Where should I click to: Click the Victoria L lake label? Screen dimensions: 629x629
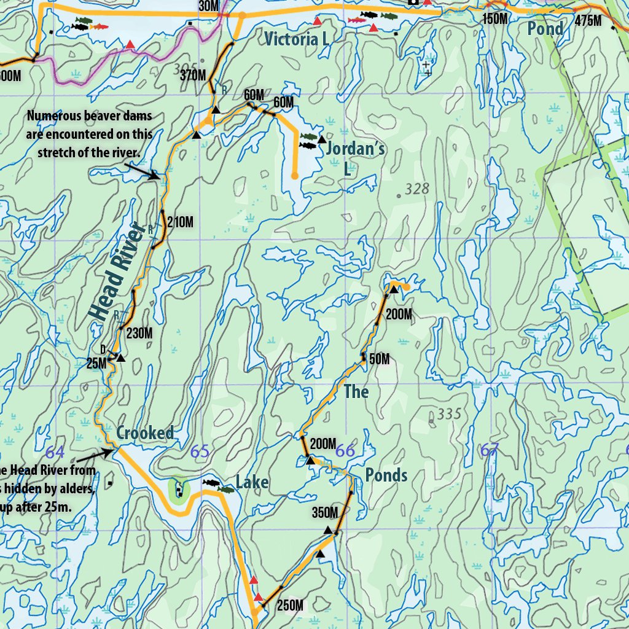(x=295, y=40)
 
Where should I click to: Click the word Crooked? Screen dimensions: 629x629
(x=145, y=433)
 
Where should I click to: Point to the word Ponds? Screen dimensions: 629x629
(x=386, y=475)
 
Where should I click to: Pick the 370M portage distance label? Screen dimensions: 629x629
(x=193, y=76)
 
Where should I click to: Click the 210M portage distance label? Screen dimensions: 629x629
(x=180, y=222)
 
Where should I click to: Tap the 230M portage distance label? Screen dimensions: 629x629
(x=139, y=334)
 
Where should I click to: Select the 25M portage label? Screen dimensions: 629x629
(x=96, y=363)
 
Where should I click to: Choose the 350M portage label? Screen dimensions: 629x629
(x=325, y=512)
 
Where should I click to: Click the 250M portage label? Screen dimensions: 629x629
(x=290, y=606)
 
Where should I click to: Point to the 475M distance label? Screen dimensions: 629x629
(x=588, y=21)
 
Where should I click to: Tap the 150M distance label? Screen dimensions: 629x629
(x=495, y=18)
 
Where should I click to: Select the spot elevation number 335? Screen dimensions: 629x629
(x=449, y=415)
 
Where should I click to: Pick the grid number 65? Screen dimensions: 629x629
(x=200, y=451)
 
